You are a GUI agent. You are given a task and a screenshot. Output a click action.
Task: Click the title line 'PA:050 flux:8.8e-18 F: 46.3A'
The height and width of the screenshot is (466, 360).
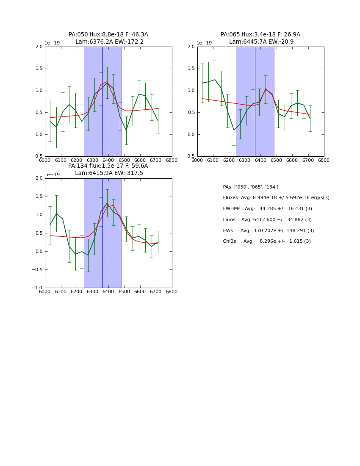click(x=108, y=35)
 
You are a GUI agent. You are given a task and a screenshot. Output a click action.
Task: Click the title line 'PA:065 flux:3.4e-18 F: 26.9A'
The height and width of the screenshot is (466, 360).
click(x=260, y=35)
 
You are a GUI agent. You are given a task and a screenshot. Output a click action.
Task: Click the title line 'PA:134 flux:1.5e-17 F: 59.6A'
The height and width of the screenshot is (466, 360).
click(x=108, y=166)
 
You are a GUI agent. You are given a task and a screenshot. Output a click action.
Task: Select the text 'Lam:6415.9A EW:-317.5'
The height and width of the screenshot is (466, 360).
click(x=109, y=173)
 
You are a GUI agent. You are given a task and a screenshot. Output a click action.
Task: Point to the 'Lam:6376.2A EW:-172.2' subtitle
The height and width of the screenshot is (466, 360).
click(x=109, y=42)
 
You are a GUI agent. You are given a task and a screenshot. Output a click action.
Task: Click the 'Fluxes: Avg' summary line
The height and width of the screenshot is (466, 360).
click(x=276, y=198)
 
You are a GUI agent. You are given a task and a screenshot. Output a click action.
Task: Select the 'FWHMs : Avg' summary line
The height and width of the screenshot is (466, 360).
click(x=267, y=209)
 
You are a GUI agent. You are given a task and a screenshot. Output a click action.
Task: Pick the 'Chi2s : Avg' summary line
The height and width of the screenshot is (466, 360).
click(x=266, y=241)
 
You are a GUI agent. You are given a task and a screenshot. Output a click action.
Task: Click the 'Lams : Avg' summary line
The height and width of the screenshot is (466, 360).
click(x=267, y=220)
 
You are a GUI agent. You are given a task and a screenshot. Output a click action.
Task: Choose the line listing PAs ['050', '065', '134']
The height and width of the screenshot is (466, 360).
click(x=250, y=187)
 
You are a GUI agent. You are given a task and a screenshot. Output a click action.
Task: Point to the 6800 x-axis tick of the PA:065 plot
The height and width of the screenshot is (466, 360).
click(x=324, y=160)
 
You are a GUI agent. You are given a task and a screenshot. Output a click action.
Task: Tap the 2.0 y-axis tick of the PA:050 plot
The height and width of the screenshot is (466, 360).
click(x=39, y=47)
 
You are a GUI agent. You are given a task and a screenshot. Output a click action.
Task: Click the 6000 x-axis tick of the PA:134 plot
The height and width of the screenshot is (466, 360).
click(x=45, y=291)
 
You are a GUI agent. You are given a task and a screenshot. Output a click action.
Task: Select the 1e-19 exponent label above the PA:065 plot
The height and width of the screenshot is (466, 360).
click(x=204, y=43)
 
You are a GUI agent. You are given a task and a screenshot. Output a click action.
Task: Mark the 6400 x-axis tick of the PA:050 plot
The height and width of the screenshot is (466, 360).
click(x=108, y=160)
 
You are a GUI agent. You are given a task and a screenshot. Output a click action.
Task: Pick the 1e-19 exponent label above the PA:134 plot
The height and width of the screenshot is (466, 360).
click(x=52, y=175)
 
